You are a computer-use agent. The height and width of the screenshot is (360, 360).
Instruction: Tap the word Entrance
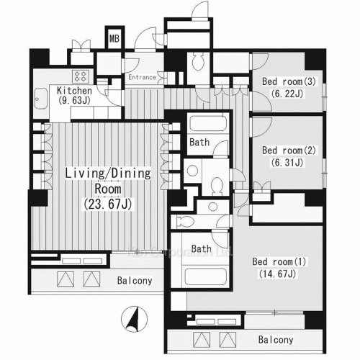point(143,77)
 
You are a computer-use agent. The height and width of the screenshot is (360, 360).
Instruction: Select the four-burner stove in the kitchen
point(79,75)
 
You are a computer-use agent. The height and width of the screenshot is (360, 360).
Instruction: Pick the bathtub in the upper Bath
point(209,124)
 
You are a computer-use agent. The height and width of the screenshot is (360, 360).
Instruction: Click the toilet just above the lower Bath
point(185,221)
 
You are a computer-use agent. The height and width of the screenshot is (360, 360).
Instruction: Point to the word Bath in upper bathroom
point(200,143)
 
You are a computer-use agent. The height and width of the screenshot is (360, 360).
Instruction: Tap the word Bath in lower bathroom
point(202,249)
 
